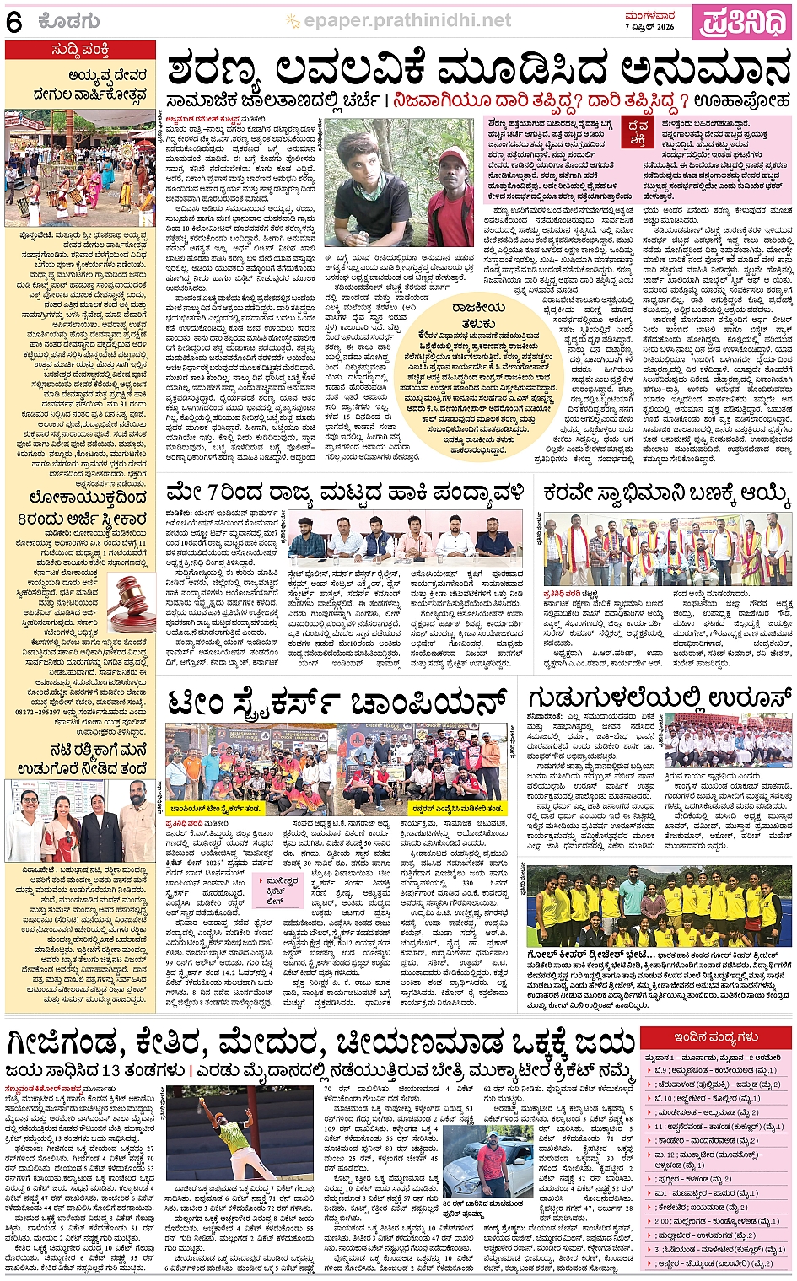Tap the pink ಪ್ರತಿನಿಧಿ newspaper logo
[x=742, y=21]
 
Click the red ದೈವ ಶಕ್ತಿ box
[x=638, y=132]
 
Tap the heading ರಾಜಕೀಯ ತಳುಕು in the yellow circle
[x=478, y=315]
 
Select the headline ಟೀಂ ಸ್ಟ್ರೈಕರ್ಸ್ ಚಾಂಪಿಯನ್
[x=337, y=699]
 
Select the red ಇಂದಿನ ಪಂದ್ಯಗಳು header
[x=716, y=1036]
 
